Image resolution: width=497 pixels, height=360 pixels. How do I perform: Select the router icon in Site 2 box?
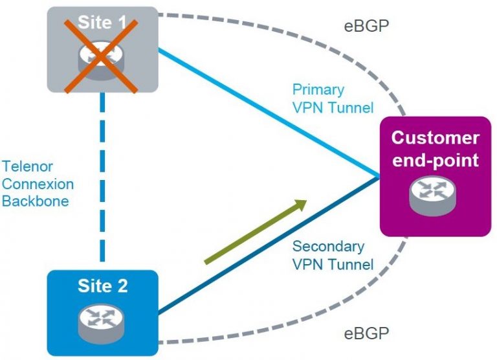click(x=103, y=319)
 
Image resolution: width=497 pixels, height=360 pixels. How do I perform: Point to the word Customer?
click(x=436, y=138)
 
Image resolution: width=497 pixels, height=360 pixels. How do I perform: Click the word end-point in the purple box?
click(x=436, y=159)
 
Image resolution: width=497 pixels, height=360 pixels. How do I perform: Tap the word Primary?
click(x=318, y=90)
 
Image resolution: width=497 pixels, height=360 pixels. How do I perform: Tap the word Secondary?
click(x=328, y=247)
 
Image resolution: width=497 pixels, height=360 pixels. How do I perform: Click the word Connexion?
click(x=38, y=184)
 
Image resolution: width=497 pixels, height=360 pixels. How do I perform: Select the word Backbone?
click(x=35, y=201)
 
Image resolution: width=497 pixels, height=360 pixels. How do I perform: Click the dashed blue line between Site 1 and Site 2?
click(x=103, y=181)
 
